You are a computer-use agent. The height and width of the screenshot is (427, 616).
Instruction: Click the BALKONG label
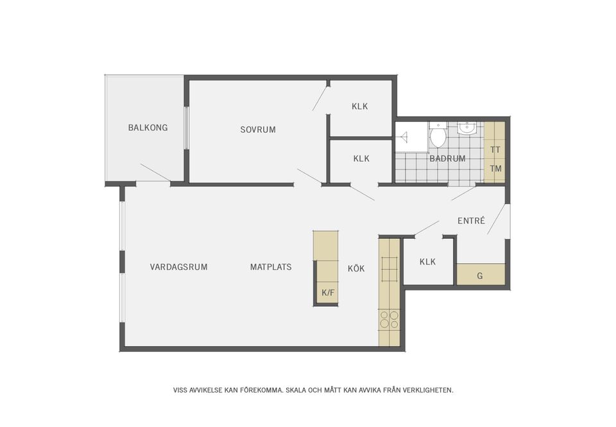tap(148, 128)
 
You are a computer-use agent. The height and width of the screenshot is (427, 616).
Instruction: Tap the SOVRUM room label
tap(258, 130)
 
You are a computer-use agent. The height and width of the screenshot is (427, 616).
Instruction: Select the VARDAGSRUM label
tap(178, 267)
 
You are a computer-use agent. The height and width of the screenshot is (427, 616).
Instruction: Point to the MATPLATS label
tap(271, 267)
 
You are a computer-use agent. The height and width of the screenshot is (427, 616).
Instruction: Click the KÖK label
tap(356, 268)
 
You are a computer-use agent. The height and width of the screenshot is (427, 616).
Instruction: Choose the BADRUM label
tap(447, 159)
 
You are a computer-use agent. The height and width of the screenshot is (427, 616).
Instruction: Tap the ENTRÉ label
tap(471, 221)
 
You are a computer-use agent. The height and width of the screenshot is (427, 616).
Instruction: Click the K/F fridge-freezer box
tap(327, 292)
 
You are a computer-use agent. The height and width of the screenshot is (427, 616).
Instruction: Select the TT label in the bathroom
tap(495, 150)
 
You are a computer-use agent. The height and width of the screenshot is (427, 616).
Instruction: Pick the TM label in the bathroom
tap(495, 169)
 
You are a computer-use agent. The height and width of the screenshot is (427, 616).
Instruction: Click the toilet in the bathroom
tap(437, 134)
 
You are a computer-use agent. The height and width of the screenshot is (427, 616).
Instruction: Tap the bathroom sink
tap(466, 128)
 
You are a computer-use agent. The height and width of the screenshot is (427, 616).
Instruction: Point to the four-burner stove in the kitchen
tap(389, 319)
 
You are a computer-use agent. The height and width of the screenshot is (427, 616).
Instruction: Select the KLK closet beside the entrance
tap(427, 262)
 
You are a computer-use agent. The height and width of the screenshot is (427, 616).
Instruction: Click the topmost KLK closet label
tap(359, 107)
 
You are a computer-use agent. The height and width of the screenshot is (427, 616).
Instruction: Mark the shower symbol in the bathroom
tap(404, 136)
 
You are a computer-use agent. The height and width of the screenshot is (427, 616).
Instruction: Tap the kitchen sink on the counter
tap(389, 269)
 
